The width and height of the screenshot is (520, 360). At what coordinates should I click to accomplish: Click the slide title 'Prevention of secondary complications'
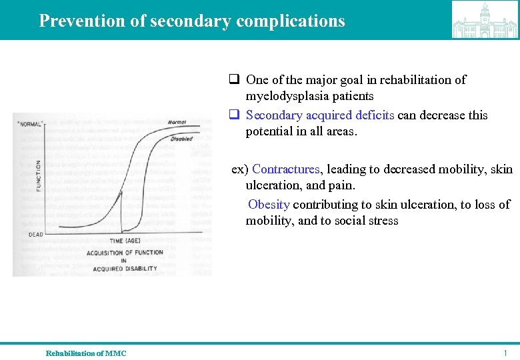click(192, 21)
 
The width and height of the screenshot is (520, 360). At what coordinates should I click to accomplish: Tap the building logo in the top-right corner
click(484, 20)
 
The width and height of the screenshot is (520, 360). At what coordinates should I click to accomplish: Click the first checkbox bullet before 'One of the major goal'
click(235, 80)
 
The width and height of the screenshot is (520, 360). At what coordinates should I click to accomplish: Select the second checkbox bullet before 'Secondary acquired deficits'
click(235, 115)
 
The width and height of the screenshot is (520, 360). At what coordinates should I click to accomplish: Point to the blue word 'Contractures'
click(286, 169)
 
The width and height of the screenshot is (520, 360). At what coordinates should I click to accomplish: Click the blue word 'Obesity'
click(269, 204)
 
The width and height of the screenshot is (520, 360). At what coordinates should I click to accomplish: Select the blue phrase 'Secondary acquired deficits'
click(320, 115)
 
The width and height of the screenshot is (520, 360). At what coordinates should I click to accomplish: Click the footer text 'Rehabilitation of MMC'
click(86, 353)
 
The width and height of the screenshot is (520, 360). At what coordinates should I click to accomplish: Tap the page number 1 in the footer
click(506, 353)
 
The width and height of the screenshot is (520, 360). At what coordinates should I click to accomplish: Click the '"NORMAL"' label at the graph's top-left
click(29, 123)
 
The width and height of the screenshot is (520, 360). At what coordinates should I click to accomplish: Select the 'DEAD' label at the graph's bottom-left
click(35, 234)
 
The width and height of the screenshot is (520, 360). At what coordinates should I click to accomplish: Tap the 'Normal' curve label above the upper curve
click(177, 122)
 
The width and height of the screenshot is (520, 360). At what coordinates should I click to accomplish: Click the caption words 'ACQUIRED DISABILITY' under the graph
click(125, 269)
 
